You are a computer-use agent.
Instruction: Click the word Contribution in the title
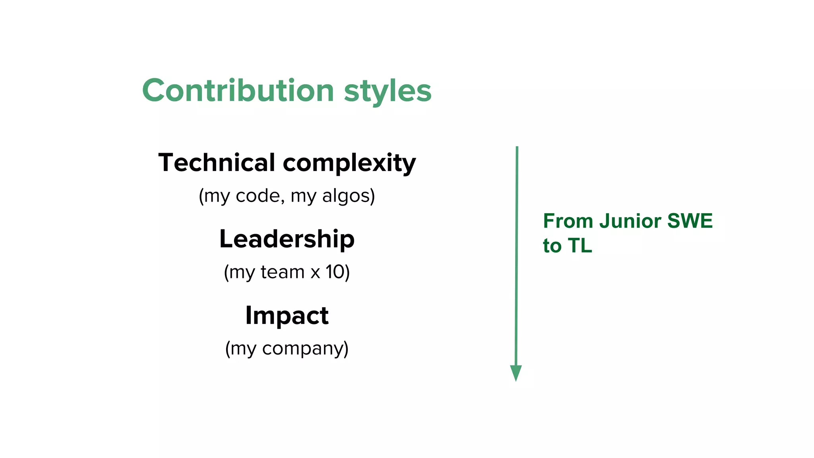[x=238, y=91]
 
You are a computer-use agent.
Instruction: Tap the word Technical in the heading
[x=217, y=163]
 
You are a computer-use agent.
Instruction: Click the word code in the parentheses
[x=258, y=196]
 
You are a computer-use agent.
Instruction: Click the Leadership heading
[x=287, y=239]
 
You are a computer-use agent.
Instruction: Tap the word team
[x=282, y=272]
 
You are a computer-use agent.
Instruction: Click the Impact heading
[x=287, y=316]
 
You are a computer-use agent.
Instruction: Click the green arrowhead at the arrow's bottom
[x=516, y=373]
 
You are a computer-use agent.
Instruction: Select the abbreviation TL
[x=580, y=246]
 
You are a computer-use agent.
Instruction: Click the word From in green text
[x=568, y=221]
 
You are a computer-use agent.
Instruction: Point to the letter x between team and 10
[x=315, y=273]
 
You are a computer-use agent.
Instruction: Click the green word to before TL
[x=552, y=246]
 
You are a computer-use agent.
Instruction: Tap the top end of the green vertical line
[x=517, y=148]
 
